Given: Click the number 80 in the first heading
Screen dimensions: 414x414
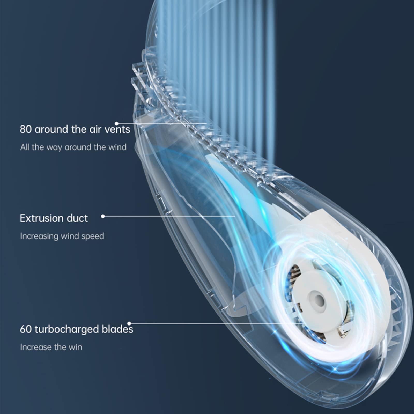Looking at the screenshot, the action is [x=26, y=129].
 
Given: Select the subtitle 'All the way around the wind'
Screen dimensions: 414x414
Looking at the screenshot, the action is [x=73, y=147].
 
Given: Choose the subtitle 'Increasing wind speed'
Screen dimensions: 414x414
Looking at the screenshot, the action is [x=62, y=236].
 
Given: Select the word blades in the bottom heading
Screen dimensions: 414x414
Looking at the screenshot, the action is [x=117, y=329].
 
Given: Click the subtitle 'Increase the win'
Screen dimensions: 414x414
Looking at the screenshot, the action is [x=51, y=347].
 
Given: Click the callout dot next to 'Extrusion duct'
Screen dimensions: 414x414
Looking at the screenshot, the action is [x=103, y=216].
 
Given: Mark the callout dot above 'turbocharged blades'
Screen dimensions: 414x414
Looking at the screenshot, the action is [x=129, y=323].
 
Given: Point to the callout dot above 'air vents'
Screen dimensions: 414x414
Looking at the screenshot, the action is [x=116, y=124].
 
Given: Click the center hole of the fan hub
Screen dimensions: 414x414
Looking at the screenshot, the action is [x=320, y=301].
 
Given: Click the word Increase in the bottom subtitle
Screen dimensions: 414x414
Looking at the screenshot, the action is [x=36, y=347].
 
